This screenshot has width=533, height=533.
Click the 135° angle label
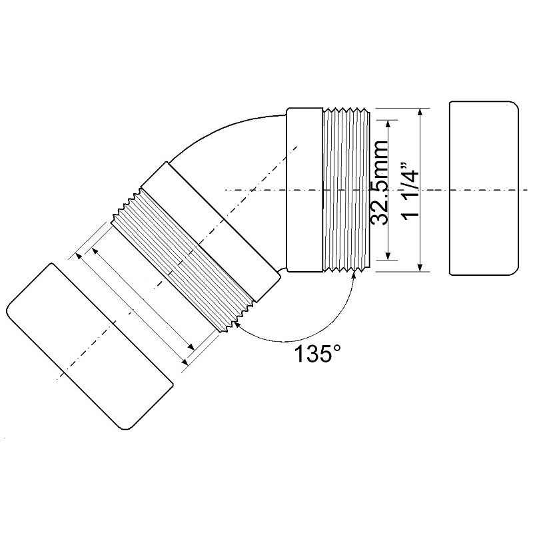pos(317,354)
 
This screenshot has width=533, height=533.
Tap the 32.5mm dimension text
pos(379,182)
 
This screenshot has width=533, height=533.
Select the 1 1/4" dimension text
pos(410,191)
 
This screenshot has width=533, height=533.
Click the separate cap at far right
pos(484,188)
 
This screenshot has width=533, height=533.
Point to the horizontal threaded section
pos(346,190)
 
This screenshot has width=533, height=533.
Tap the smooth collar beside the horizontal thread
pos(304,190)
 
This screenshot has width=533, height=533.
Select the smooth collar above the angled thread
pos(211,232)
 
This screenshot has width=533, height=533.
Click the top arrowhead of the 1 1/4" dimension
pos(421,112)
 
